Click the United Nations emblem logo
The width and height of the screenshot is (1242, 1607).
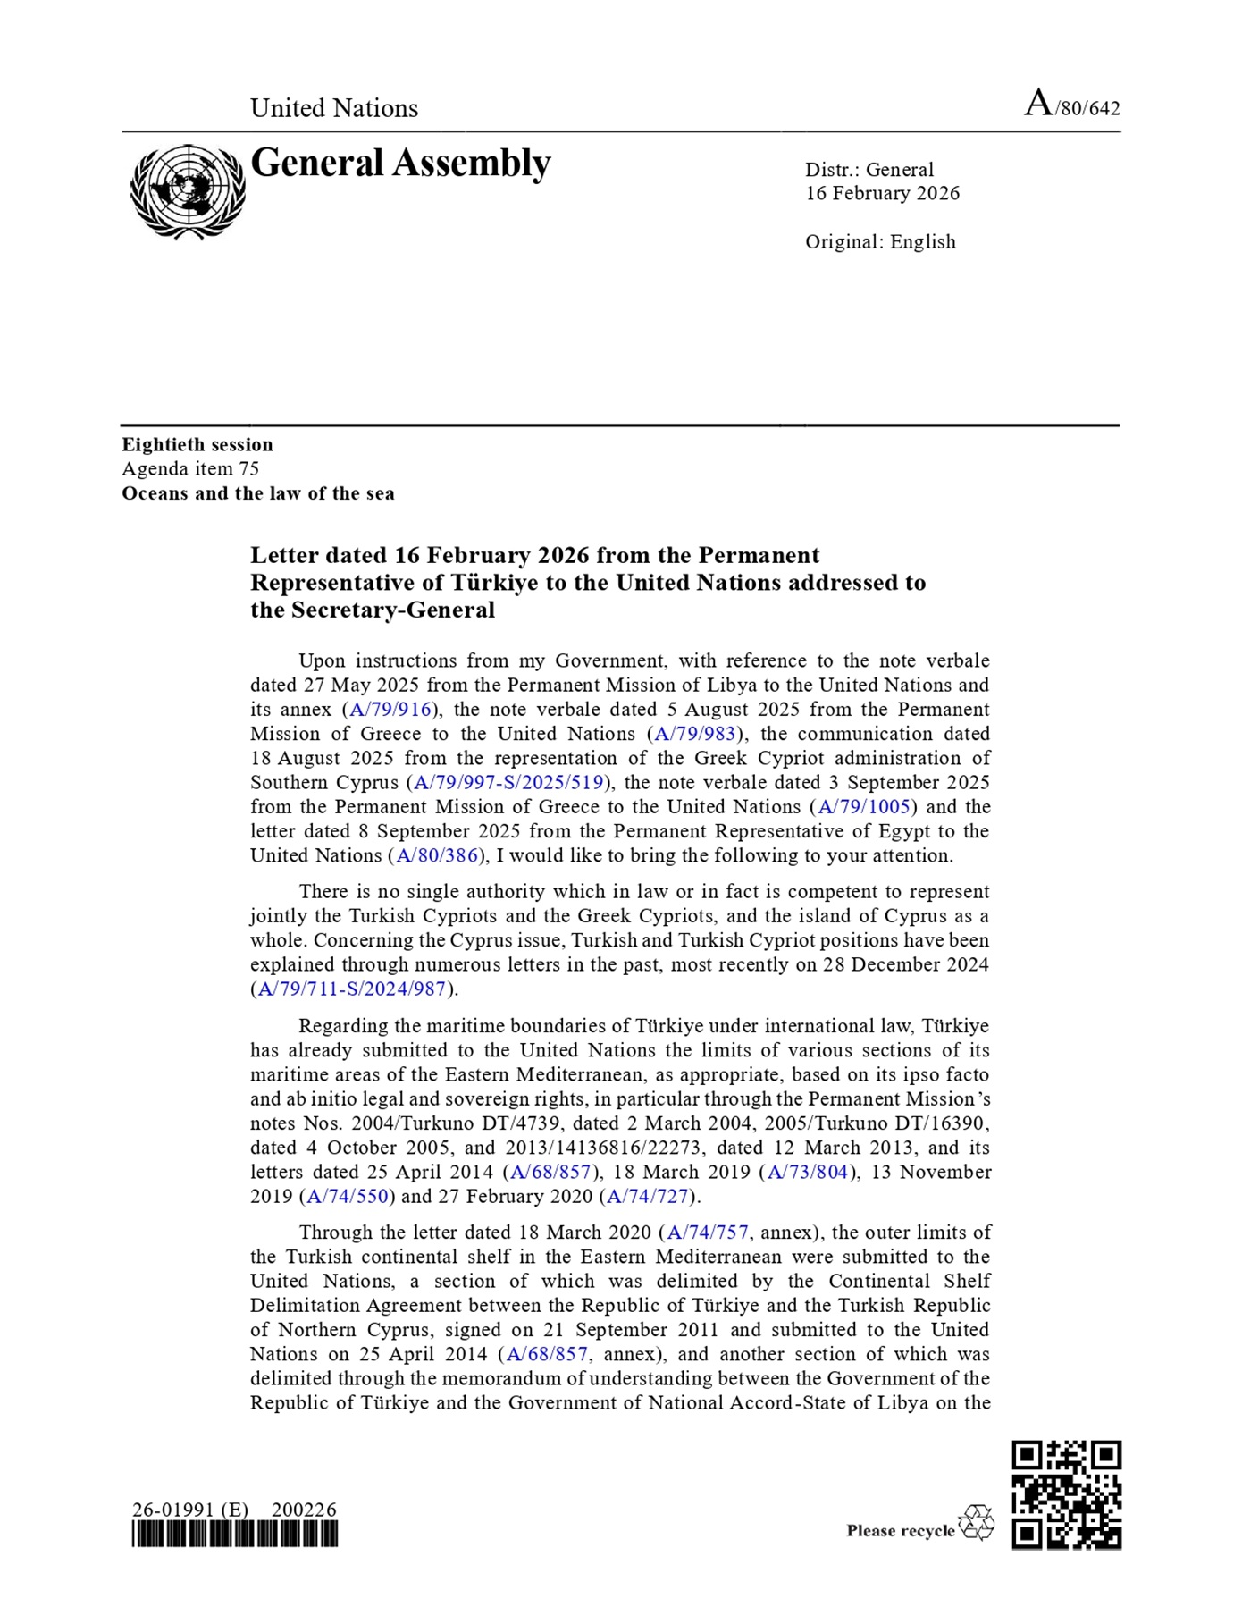point(188,192)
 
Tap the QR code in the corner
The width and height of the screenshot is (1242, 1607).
point(1066,1493)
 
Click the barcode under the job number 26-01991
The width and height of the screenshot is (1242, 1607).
point(235,1535)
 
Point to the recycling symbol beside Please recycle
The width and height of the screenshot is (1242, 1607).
point(976,1523)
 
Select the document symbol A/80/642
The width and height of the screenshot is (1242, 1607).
point(1071,105)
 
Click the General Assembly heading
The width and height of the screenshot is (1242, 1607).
point(400,164)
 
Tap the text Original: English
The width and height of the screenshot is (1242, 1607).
point(880,242)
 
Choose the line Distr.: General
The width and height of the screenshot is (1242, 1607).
point(869,170)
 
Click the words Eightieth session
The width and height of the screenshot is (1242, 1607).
point(197,445)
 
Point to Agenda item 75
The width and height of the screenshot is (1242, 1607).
point(190,469)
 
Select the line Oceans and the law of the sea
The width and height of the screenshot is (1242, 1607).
point(258,493)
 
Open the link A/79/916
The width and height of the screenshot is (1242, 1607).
point(390,710)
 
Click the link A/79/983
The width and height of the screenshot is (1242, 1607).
point(695,734)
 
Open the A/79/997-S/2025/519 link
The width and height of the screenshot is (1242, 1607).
point(509,783)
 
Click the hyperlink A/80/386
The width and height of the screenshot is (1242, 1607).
point(437,856)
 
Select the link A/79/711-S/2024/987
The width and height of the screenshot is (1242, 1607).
point(352,989)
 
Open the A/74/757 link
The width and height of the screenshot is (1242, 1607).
point(708,1233)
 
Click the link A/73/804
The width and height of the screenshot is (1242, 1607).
point(808,1173)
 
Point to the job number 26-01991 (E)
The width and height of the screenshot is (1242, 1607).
point(190,1510)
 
